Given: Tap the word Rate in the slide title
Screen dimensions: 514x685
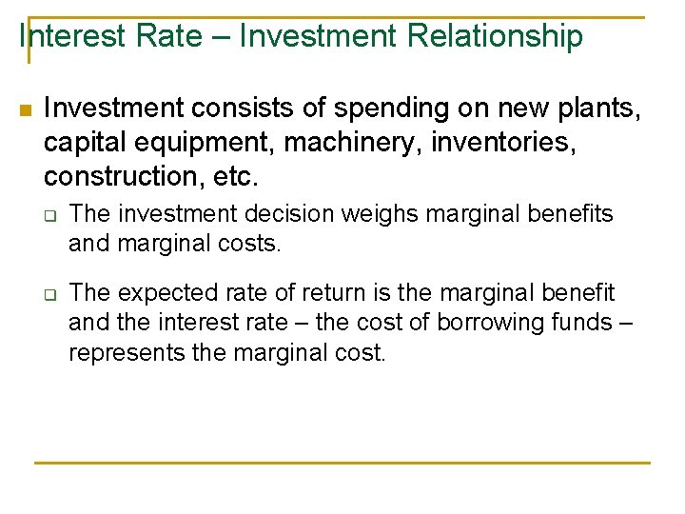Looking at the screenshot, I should (174, 36).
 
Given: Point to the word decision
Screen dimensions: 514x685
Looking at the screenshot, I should (291, 214).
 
